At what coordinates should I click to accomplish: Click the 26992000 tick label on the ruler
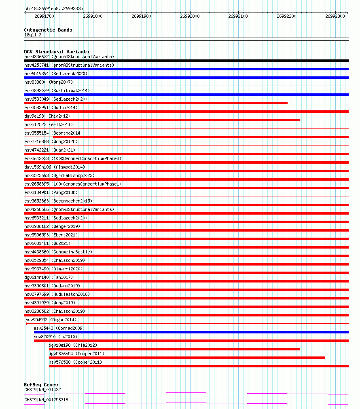(x=190, y=16)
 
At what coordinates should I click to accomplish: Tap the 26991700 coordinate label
(x=44, y=16)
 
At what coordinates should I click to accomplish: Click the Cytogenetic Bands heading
(x=48, y=30)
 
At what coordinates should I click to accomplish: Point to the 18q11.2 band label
(x=32, y=35)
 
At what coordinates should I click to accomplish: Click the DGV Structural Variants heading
(x=56, y=52)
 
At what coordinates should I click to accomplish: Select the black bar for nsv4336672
(x=186, y=61)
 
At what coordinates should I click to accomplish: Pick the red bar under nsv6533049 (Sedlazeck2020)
(x=156, y=103)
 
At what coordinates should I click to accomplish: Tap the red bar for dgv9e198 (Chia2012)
(x=162, y=120)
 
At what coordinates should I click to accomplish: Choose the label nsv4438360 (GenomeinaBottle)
(x=58, y=252)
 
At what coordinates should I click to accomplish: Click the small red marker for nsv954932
(x=26, y=324)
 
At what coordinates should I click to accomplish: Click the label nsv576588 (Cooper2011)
(x=75, y=362)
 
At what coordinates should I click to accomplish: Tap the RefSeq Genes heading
(x=41, y=385)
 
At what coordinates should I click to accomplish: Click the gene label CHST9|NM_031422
(x=42, y=390)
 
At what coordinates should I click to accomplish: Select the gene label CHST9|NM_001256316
(x=46, y=400)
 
